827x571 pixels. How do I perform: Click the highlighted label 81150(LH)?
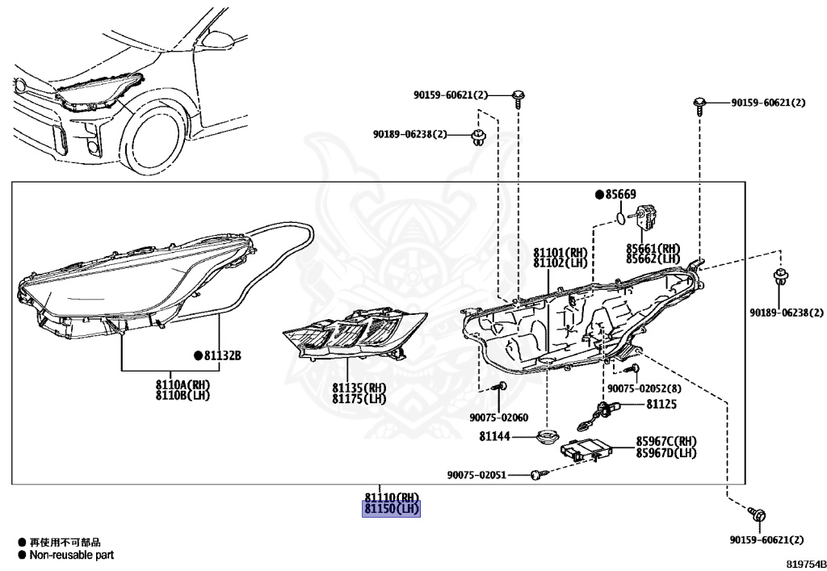[x=392, y=510]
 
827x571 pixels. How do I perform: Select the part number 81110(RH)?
[x=392, y=498]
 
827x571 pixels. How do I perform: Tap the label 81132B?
[x=222, y=355]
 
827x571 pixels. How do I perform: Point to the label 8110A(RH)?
[x=183, y=384]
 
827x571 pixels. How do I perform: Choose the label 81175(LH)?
[x=359, y=399]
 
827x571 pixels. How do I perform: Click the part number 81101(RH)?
[x=560, y=252]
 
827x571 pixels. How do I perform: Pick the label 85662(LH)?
[x=653, y=259]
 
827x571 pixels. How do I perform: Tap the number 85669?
[x=620, y=195]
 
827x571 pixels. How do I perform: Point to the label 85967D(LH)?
[x=666, y=453]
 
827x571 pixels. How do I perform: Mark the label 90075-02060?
[x=498, y=418]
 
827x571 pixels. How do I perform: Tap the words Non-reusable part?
[x=72, y=555]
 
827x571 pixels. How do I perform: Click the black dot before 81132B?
[x=197, y=355]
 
